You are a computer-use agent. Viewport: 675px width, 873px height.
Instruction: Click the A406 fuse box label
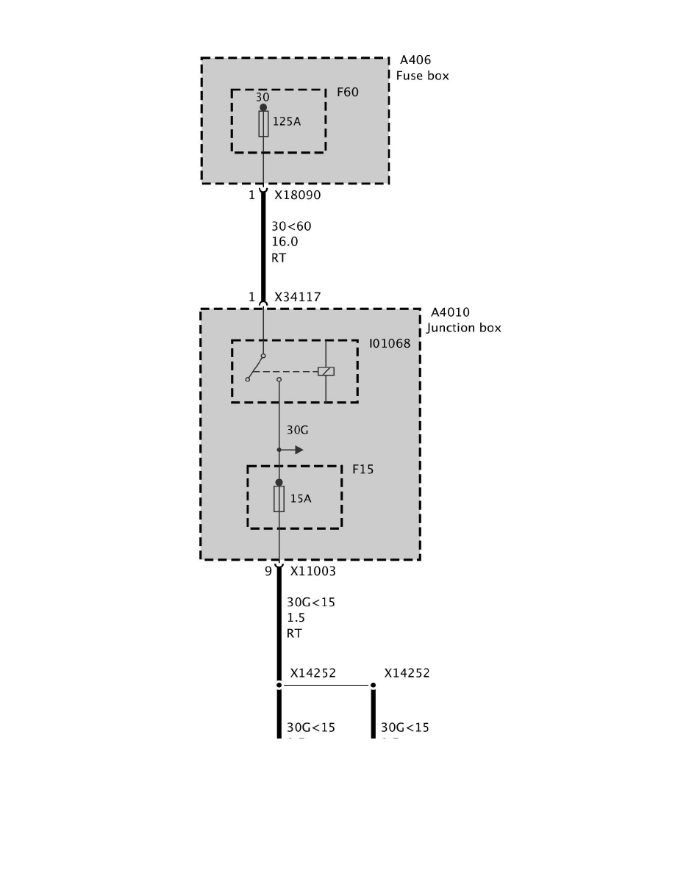422,68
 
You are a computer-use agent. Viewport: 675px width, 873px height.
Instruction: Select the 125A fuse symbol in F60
263,124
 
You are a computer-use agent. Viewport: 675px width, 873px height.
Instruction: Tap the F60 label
347,93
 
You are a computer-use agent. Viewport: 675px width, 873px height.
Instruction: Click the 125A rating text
287,122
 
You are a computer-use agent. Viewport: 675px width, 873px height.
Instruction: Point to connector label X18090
298,196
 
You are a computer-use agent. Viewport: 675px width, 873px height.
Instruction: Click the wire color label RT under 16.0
279,258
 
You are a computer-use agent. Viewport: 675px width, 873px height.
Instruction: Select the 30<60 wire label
291,226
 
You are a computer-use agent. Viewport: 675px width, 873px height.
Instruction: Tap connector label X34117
298,297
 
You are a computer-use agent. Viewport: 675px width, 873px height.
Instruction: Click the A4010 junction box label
463,320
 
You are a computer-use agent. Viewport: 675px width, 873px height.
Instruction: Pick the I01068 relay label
390,343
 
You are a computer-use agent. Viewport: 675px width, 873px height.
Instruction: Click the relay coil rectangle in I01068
326,371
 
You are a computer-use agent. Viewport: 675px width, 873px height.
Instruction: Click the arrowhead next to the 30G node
299,450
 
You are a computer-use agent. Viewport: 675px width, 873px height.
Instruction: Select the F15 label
362,469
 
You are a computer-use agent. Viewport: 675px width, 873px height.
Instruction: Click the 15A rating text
301,498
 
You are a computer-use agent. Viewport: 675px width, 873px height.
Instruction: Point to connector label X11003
313,570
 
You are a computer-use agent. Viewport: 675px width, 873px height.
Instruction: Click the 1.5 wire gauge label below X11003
296,618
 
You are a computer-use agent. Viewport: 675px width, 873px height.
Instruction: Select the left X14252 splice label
312,672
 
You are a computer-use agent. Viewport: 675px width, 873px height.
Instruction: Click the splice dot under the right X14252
373,686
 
